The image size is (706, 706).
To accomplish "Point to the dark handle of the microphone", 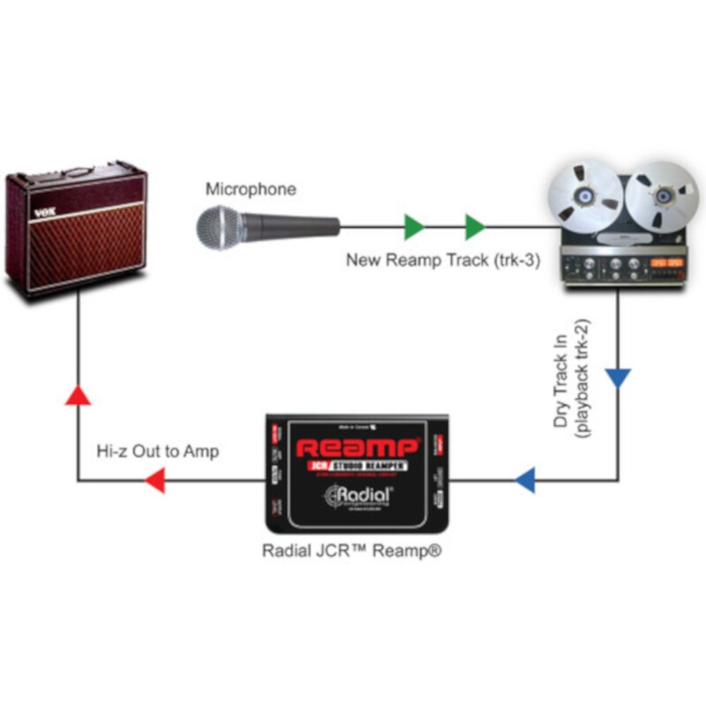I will pyautogui.click(x=296, y=226).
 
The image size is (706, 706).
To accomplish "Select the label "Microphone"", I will pyautogui.click(x=251, y=189).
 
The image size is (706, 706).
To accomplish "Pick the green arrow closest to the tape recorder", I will pyautogui.click(x=475, y=227).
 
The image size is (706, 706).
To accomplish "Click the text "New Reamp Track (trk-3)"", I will pyautogui.click(x=442, y=260).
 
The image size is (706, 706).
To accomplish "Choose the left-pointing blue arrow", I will pyautogui.click(x=524, y=481).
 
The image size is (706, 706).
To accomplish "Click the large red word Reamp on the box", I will pyautogui.click(x=357, y=447).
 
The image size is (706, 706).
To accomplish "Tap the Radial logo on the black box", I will pyautogui.click(x=357, y=497).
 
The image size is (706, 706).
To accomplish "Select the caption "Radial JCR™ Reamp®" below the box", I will pyautogui.click(x=351, y=550).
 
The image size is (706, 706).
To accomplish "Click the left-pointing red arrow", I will pyautogui.click(x=154, y=481).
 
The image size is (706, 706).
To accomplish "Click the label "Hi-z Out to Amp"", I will pyautogui.click(x=156, y=451).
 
